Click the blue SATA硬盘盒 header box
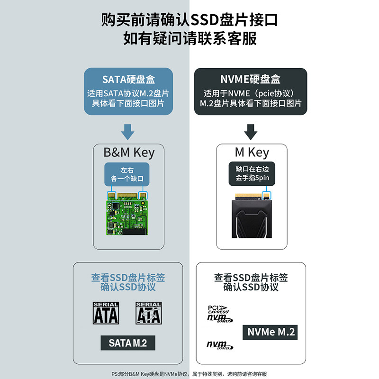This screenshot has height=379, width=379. [128, 91]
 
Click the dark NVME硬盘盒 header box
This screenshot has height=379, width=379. [251, 91]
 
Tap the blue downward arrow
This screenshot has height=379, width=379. [128, 131]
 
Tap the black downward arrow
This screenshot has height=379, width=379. [251, 131]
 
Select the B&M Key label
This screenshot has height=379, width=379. [129, 153]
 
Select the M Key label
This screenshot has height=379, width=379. [252, 153]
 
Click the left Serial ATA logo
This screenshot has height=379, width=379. [106, 313]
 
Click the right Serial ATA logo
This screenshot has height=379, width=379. [148, 313]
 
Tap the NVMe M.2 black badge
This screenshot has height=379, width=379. [271, 332]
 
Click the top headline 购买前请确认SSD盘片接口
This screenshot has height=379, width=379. [189, 20]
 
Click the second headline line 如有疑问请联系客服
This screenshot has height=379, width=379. [189, 38]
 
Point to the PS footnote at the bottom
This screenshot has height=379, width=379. [189, 373]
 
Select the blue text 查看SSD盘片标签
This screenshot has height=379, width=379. [128, 278]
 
